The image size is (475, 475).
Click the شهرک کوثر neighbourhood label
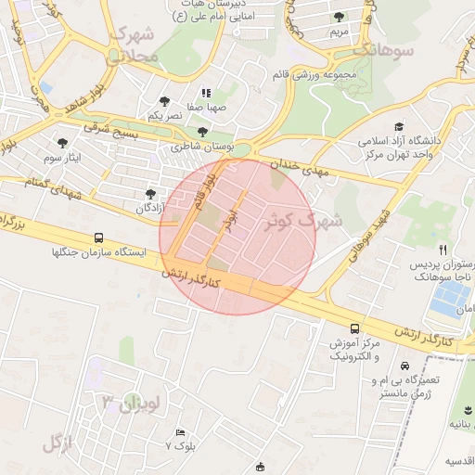tap(303, 221)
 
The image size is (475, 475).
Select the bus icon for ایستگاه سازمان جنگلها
tap(99, 237)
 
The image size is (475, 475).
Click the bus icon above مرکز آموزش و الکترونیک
tap(354, 328)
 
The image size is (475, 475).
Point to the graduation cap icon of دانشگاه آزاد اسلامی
tap(399, 127)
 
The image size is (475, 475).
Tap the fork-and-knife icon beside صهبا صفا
tap(206, 93)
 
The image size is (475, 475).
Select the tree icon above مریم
tap(339, 17)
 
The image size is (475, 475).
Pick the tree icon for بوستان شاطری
tap(203, 132)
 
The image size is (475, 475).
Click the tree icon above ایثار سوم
tap(62, 143)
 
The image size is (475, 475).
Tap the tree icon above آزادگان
tap(149, 194)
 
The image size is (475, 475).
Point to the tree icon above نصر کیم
tap(164, 101)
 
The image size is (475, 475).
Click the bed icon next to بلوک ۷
tap(180, 432)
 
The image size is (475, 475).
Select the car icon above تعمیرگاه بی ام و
tap(404, 365)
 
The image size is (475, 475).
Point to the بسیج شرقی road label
tap(110, 129)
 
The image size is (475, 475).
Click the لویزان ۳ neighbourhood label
tap(134, 403)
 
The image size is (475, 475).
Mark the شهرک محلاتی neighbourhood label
tap(135, 45)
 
